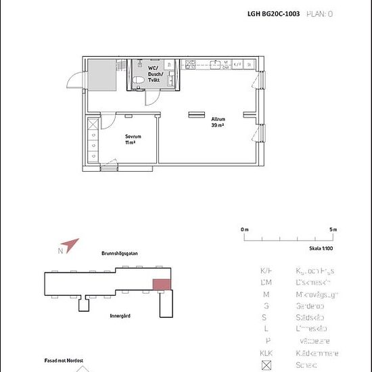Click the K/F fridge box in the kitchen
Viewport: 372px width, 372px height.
237,66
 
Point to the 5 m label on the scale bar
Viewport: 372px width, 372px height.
333,230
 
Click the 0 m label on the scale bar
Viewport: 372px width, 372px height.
244,230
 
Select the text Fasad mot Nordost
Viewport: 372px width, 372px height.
55,361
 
